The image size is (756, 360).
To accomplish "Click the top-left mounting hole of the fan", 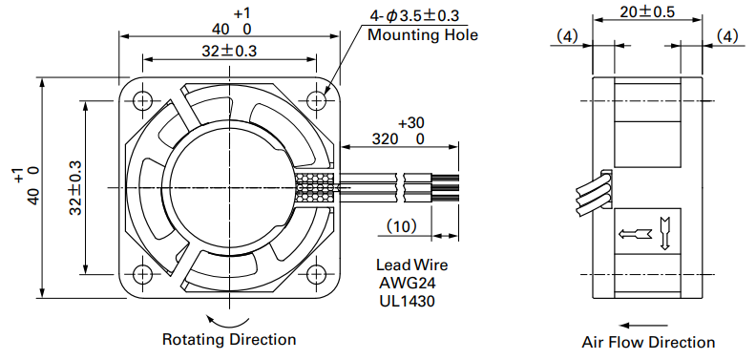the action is [x=142, y=100].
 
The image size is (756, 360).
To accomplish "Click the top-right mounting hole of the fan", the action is [x=316, y=100].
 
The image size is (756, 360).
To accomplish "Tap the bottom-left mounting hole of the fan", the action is [x=142, y=274].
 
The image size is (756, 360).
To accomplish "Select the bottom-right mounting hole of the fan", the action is [x=316, y=274].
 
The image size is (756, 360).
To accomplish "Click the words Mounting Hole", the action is [x=423, y=35].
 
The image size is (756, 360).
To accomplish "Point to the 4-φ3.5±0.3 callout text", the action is [x=414, y=16].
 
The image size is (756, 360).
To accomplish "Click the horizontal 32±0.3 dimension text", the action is [x=229, y=51].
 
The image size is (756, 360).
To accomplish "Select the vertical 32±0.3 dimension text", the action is [x=75, y=187].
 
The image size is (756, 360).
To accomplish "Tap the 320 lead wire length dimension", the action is [x=386, y=139].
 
